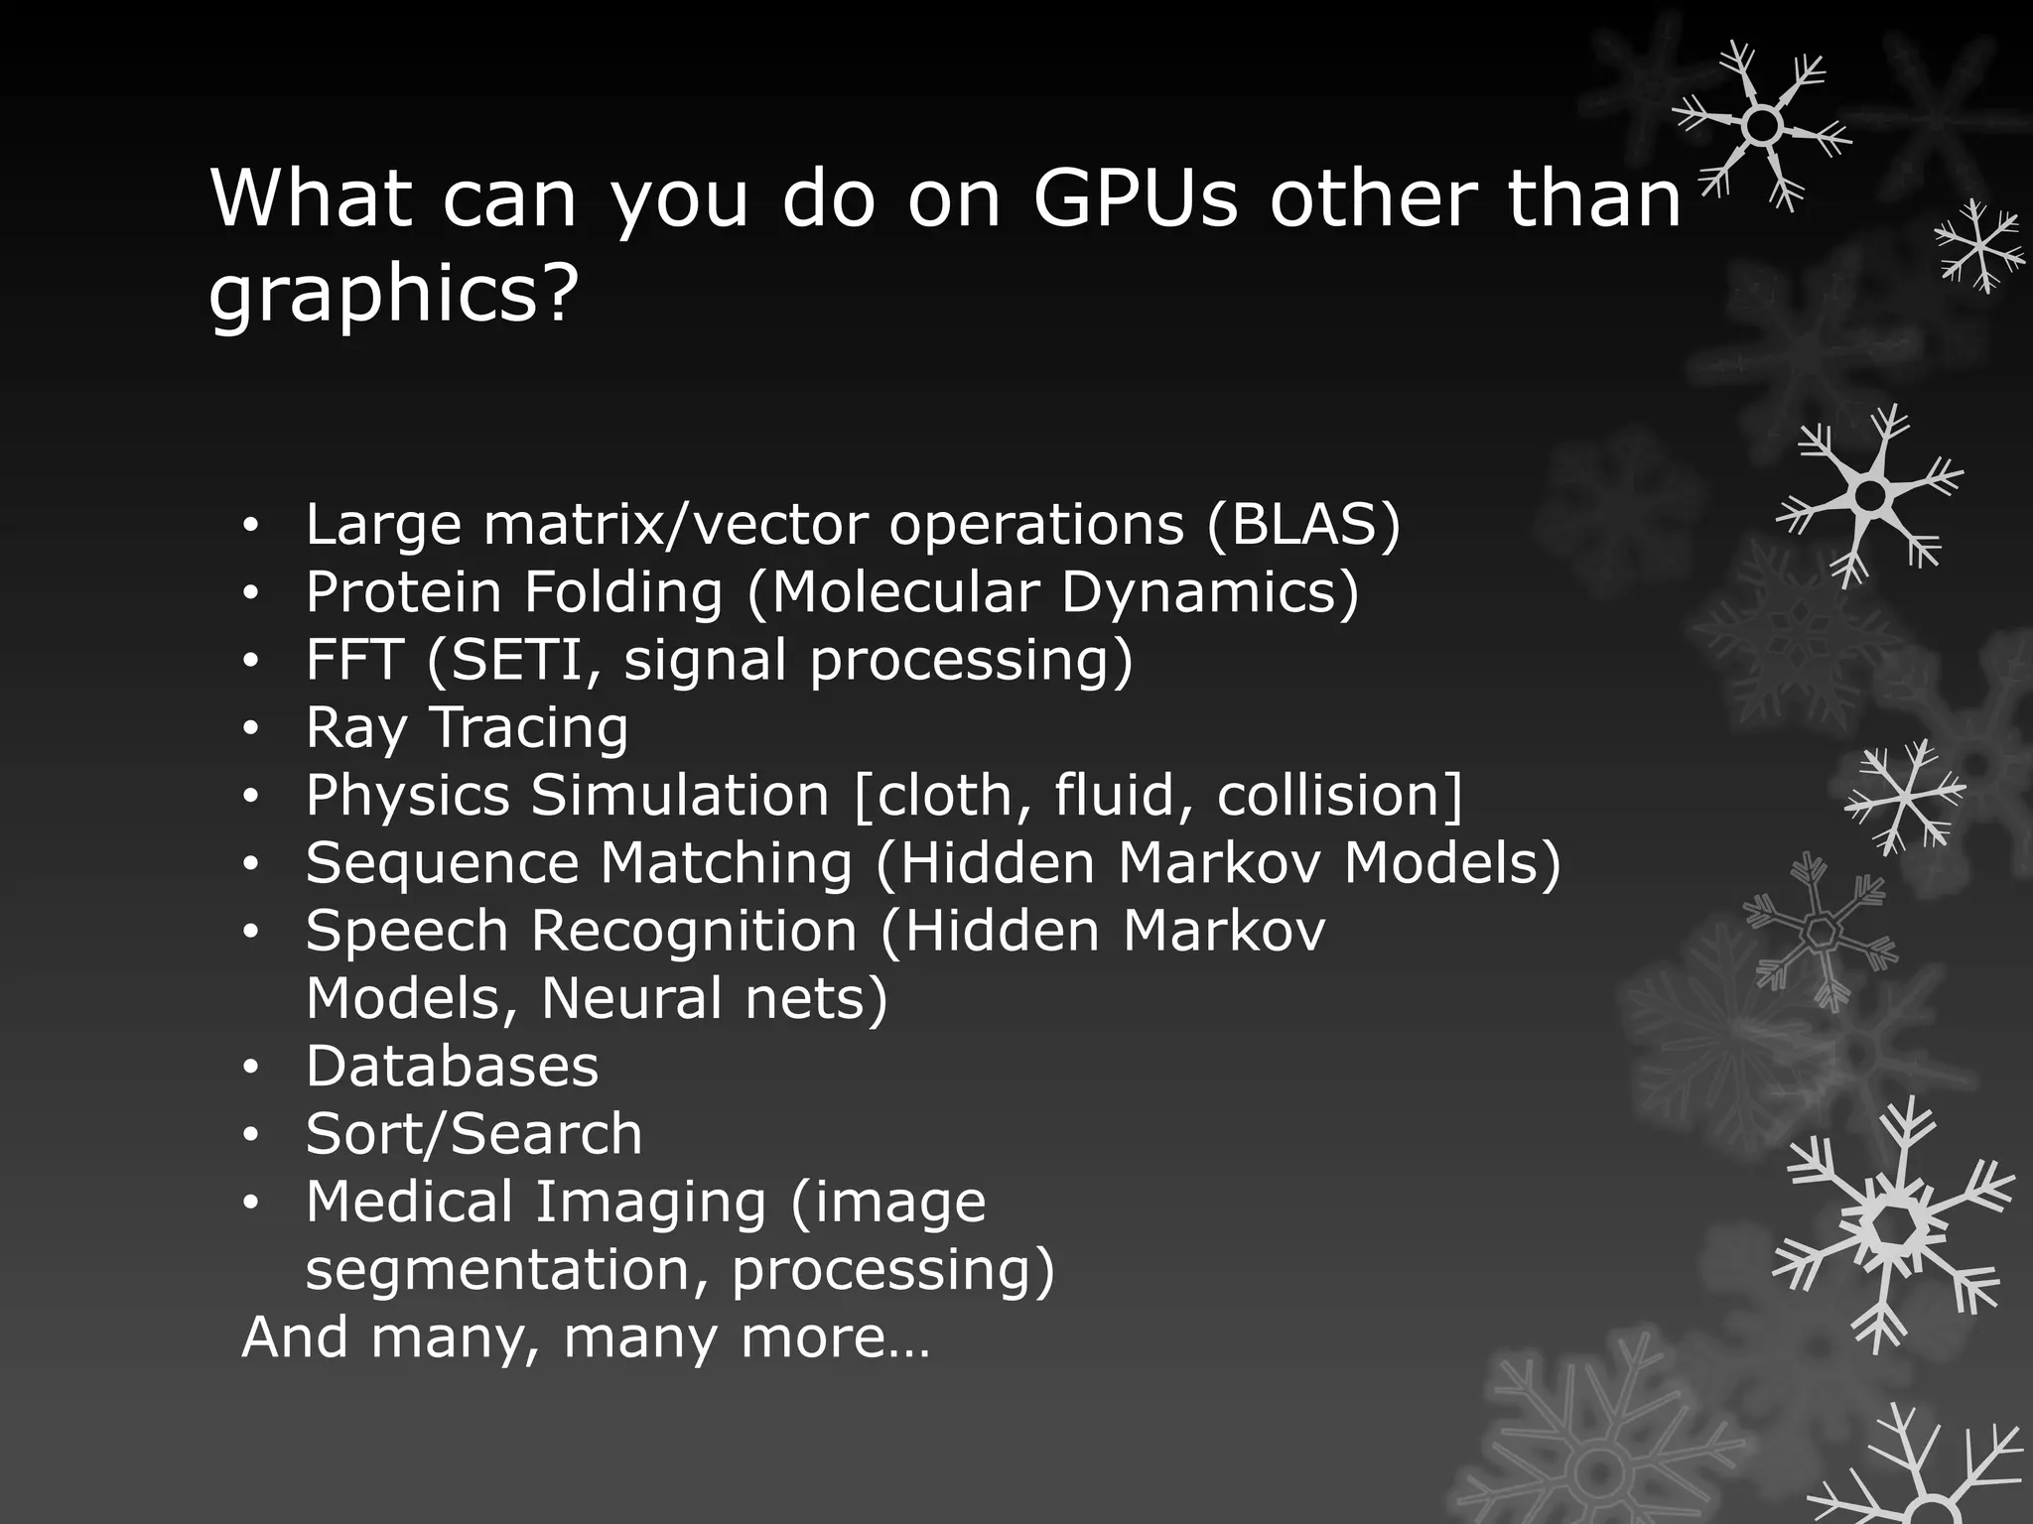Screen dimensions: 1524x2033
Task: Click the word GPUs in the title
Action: pyautogui.click(x=1135, y=198)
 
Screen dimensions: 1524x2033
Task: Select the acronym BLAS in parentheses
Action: pyautogui.click(x=1303, y=524)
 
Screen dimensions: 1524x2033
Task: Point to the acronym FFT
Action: pyautogui.click(x=353, y=660)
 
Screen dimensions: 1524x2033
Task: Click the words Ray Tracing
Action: pyautogui.click(x=467, y=728)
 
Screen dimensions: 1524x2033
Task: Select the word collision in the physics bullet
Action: pyautogui.click(x=1328, y=796)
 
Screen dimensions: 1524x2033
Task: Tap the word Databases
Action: pyautogui.click(x=452, y=1067)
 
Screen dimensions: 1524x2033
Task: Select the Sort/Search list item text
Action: pyautogui.click(x=474, y=1134)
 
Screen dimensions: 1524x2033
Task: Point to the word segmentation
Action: pyautogui.click(x=505, y=1270)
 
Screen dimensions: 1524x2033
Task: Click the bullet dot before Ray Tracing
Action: pyautogui.click(x=251, y=730)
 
